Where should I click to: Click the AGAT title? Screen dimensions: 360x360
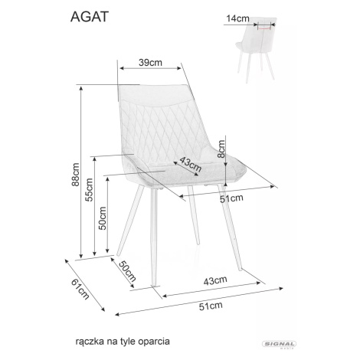coord(90,17)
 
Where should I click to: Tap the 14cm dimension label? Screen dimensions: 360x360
coord(237,18)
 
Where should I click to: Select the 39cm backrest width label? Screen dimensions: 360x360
coord(150,63)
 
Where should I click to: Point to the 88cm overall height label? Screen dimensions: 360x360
coord(75,175)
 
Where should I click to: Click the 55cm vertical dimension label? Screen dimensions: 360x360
coord(89,190)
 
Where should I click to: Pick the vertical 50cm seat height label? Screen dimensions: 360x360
coord(103,218)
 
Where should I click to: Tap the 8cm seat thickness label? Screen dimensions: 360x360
coord(221,149)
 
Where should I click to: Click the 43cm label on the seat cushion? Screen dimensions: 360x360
coord(191,164)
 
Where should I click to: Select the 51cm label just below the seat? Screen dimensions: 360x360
coord(231,198)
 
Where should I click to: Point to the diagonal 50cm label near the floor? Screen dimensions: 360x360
coord(127,271)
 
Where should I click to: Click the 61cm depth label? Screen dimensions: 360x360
coord(80,289)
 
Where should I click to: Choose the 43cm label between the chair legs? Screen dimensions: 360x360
coord(215,280)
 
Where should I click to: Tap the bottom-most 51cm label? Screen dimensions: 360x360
coord(211,306)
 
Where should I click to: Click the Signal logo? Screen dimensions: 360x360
coord(280,345)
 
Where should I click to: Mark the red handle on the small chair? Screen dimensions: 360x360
coord(264,28)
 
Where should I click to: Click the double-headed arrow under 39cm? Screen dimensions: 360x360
coord(151,68)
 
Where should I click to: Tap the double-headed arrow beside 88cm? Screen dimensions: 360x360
coord(81,172)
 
